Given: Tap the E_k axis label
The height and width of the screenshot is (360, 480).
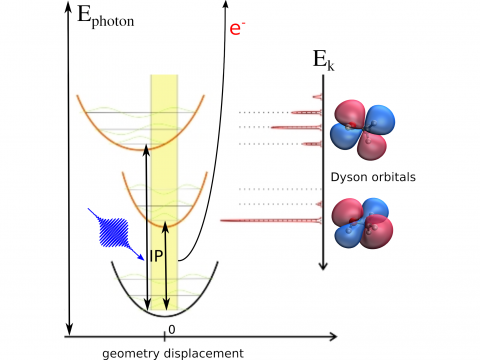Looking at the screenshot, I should click(323, 62).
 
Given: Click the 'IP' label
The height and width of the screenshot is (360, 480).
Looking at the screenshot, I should click(158, 255).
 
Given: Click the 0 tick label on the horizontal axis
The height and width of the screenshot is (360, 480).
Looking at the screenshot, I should click(171, 329).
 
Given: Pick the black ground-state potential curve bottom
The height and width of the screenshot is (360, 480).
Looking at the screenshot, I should click(165, 313).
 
